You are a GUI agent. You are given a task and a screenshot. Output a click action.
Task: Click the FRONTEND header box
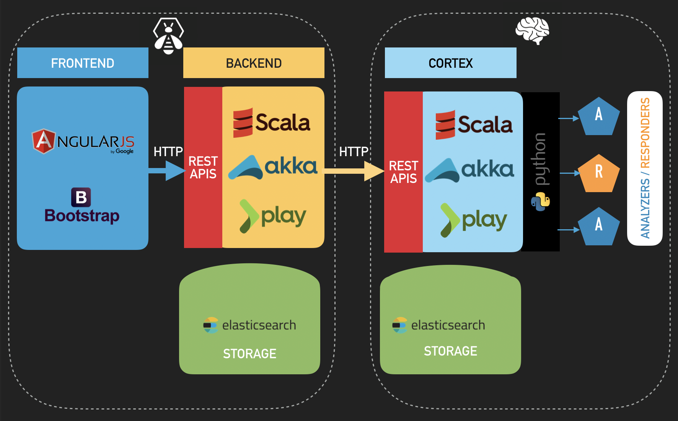click(83, 63)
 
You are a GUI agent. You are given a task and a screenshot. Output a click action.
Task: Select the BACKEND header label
click(254, 63)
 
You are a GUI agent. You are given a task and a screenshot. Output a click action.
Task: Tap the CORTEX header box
click(450, 63)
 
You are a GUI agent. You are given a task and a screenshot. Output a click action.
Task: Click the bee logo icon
click(168, 36)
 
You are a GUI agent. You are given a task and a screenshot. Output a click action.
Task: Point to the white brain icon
click(533, 31)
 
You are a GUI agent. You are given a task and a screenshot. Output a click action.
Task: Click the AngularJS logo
click(83, 142)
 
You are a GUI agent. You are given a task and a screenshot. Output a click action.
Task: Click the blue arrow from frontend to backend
click(167, 170)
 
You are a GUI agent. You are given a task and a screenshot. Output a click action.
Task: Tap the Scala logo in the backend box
click(272, 123)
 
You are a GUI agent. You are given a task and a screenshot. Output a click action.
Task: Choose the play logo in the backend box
click(273, 216)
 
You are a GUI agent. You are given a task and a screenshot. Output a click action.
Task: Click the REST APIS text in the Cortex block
click(403, 172)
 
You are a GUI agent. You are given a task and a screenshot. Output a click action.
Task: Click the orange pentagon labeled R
click(598, 173)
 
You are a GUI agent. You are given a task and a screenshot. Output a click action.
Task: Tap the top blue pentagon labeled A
click(598, 116)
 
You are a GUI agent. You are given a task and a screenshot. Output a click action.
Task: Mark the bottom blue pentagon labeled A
click(598, 227)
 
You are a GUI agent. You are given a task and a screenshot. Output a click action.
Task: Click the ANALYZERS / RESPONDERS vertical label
click(645, 168)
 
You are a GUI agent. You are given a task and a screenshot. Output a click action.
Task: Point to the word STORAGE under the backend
click(249, 354)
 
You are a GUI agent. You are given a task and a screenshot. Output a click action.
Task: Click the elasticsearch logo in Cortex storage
click(438, 325)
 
